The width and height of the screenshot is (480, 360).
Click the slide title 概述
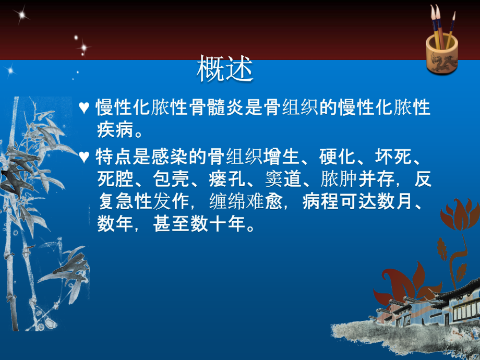[225, 69]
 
